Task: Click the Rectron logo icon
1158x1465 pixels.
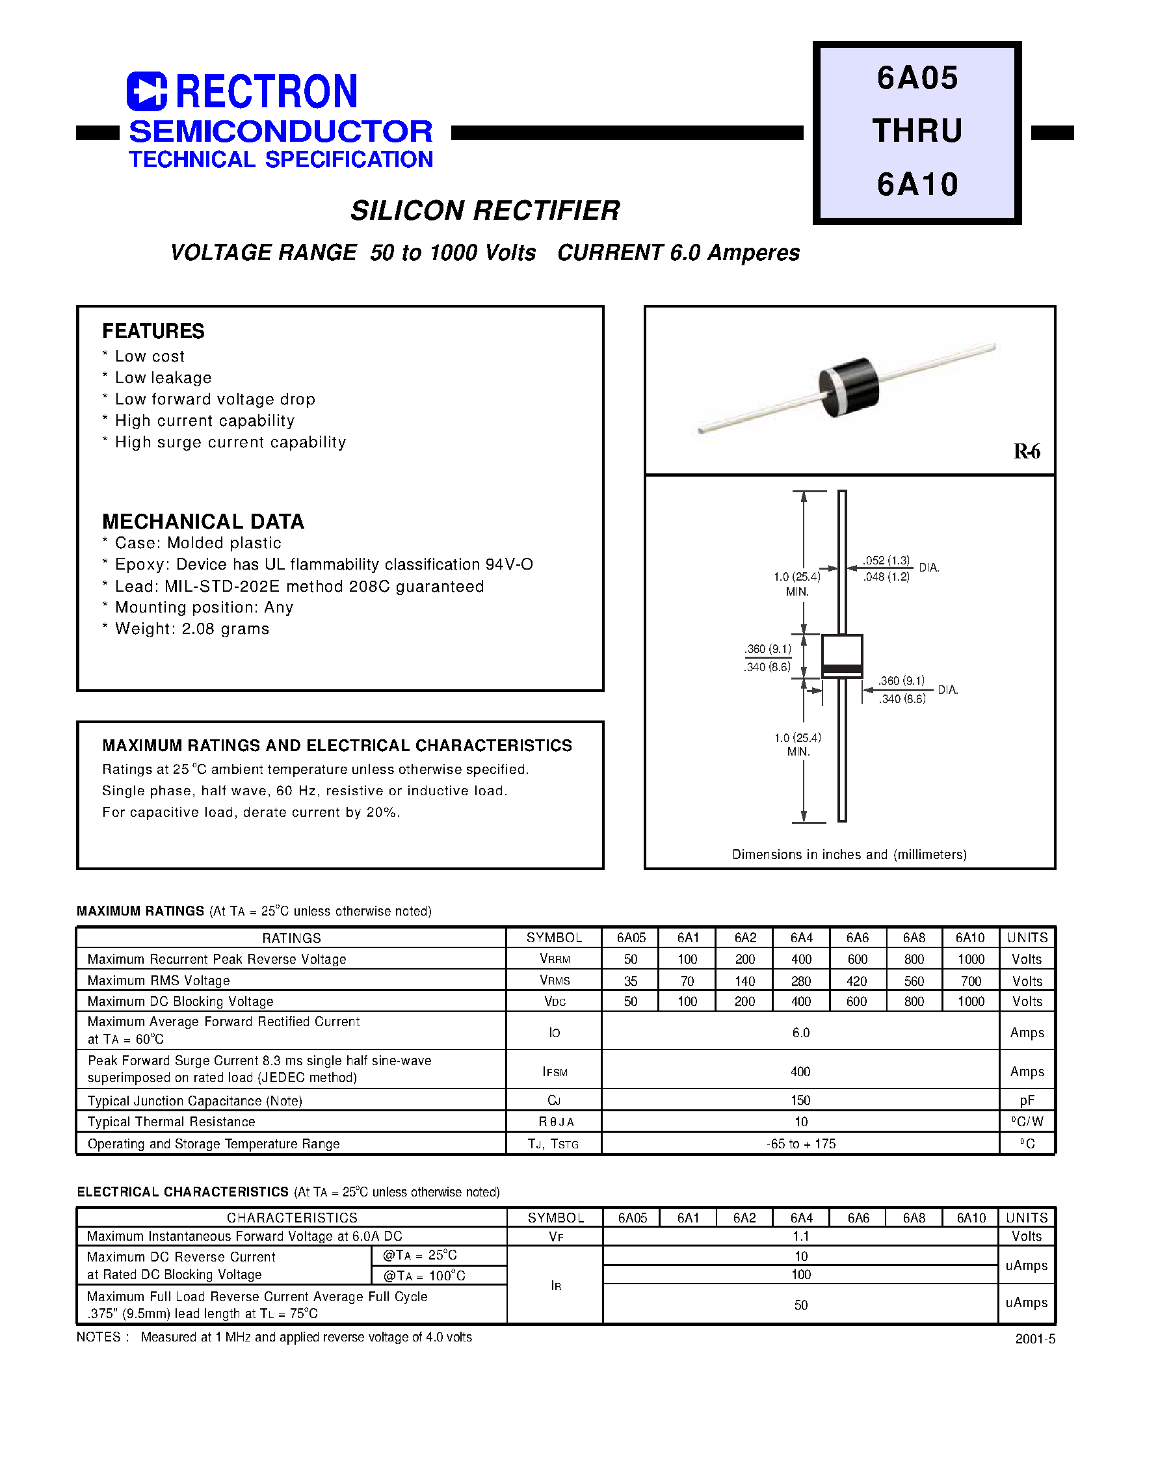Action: pos(146,91)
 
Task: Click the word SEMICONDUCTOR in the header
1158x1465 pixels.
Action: pos(281,131)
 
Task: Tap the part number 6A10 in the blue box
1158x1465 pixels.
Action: pos(917,185)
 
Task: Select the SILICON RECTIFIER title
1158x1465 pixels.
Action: pos(485,211)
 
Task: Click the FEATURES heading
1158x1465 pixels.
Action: pos(153,331)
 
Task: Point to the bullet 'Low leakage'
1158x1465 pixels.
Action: pos(163,378)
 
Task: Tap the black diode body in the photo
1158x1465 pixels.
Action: pos(850,387)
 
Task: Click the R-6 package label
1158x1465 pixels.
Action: pos(1027,451)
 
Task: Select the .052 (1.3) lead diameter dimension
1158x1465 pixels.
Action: pos(887,561)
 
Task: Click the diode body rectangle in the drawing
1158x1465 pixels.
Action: pos(842,654)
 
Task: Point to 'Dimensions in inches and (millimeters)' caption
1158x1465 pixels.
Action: pos(850,854)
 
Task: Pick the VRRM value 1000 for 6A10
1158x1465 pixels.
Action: pos(971,959)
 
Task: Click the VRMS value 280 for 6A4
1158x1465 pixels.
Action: pos(802,981)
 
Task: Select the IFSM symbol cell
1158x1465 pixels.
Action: pos(555,1072)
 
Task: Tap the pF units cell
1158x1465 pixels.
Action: pos(1027,1101)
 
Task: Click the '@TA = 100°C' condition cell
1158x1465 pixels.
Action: pos(425,1275)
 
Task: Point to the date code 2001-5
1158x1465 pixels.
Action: pos(1035,1339)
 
